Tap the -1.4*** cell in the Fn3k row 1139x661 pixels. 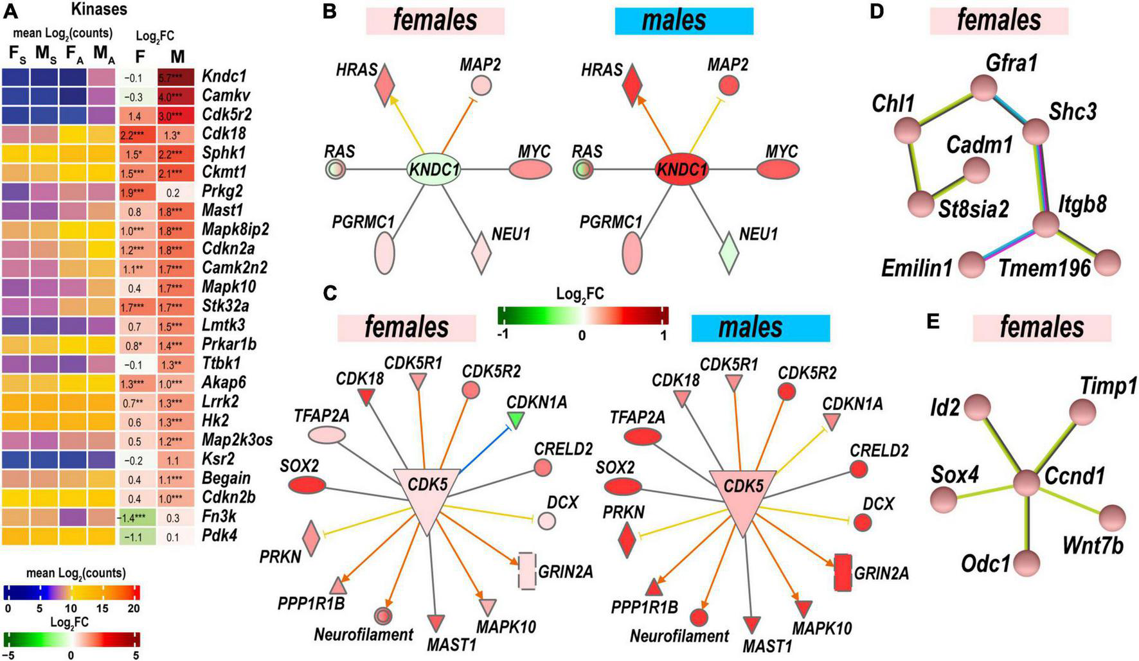coord(134,517)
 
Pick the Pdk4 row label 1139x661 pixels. coord(219,536)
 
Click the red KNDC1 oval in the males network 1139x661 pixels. coord(681,169)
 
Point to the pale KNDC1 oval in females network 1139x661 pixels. coord(434,169)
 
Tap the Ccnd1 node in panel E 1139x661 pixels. coord(1027,482)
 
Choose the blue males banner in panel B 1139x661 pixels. coord(683,21)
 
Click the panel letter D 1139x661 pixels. coord(877,13)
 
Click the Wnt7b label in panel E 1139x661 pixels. coord(1093,546)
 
